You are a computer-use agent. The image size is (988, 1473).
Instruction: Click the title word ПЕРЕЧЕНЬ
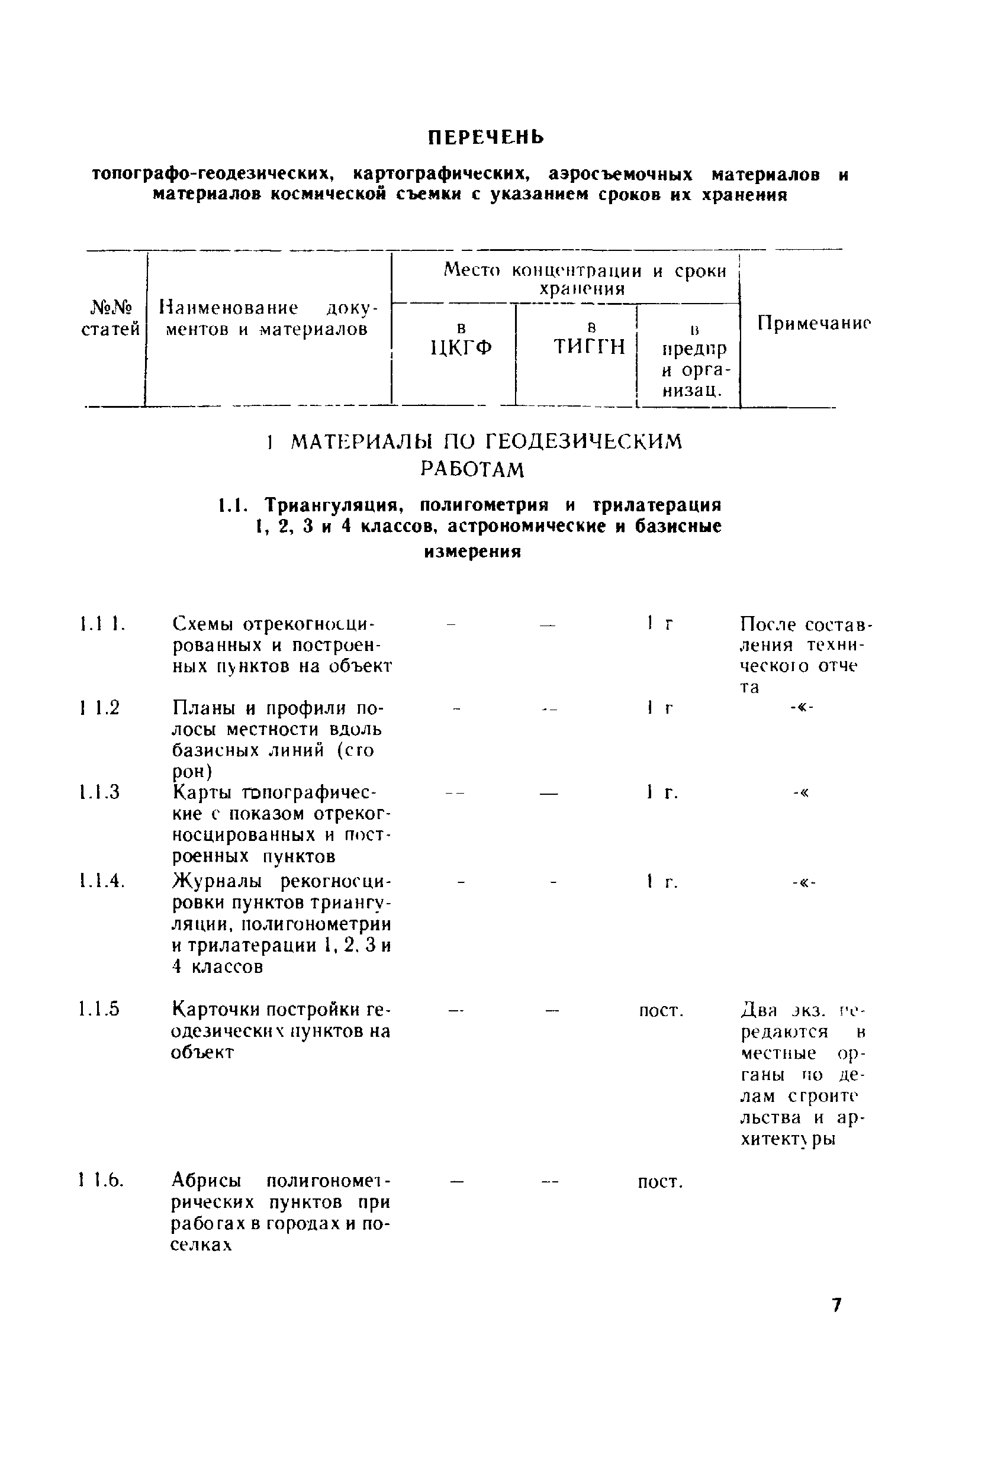pyautogui.click(x=486, y=137)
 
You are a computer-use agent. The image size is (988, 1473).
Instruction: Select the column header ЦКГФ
pyautogui.click(x=461, y=347)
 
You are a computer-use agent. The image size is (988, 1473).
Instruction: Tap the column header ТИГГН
pyautogui.click(x=589, y=346)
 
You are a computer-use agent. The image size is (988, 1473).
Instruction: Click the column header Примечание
pyautogui.click(x=813, y=323)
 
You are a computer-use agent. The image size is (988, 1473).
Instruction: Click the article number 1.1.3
pyautogui.click(x=100, y=792)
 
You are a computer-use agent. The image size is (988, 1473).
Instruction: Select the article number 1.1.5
pyautogui.click(x=100, y=1010)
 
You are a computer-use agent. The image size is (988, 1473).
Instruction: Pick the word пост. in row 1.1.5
pyautogui.click(x=661, y=1011)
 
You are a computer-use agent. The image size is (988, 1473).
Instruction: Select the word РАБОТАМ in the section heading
pyautogui.click(x=472, y=470)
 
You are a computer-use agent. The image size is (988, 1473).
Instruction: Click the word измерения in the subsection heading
pyautogui.click(x=472, y=552)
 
